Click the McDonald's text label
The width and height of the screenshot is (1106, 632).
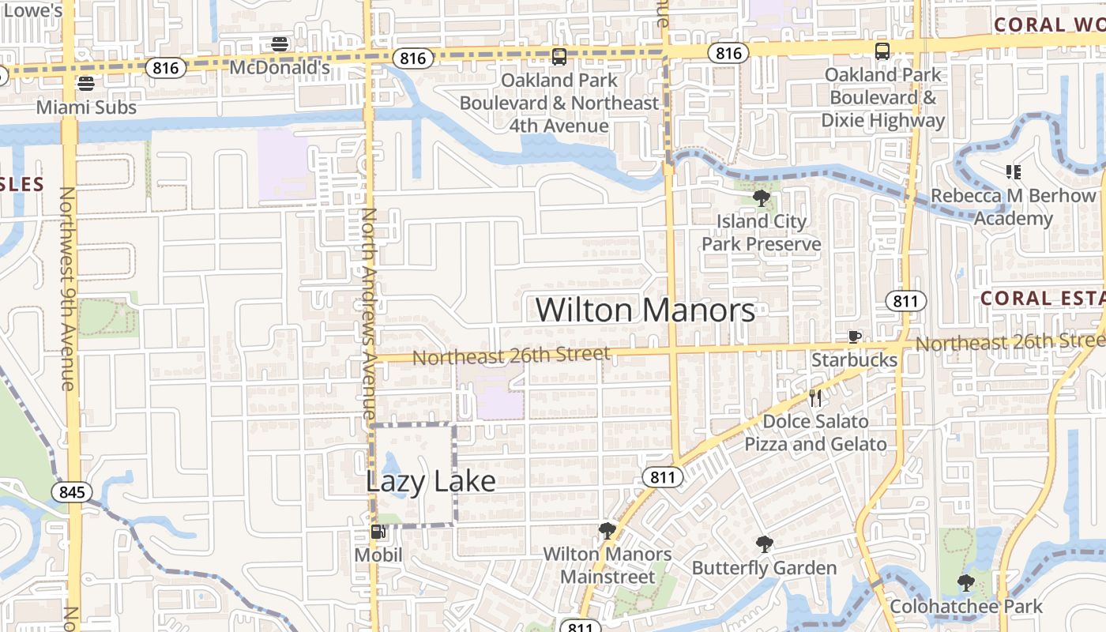coord(279,68)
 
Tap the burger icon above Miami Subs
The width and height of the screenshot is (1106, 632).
coord(86,83)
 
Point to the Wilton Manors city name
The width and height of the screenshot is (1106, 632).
coord(645,310)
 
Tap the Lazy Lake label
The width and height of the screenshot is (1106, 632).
coord(431,481)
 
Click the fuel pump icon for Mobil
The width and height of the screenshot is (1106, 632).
coord(378,532)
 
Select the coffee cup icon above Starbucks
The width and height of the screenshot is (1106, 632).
coord(854,337)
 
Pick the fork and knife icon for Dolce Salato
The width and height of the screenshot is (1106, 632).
coord(815,398)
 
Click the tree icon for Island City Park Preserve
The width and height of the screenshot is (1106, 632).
coord(762,197)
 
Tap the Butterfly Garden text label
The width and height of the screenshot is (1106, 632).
coord(764,568)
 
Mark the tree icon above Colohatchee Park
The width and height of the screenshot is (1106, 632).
coord(965,583)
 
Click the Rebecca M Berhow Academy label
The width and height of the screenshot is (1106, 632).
coord(1014,206)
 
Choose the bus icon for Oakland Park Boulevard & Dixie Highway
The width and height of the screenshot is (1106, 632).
coord(882,51)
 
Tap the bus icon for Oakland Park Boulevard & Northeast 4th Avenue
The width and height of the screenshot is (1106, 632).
coord(559,57)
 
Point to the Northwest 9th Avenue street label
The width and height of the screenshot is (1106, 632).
coord(67,288)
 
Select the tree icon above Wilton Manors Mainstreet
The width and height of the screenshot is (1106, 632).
coord(607,530)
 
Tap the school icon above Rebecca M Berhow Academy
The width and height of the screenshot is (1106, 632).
coord(1014,171)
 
